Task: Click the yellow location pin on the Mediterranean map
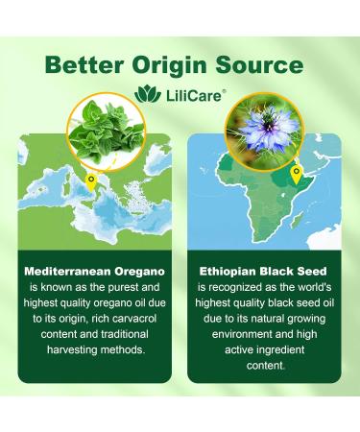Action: (x=91, y=180)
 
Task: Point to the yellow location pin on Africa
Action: (x=295, y=176)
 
